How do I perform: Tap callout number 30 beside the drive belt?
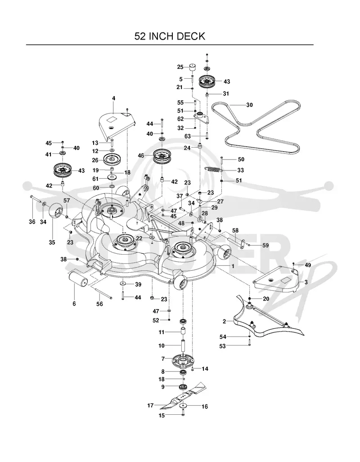click(x=249, y=105)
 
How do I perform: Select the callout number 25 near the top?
click(x=180, y=67)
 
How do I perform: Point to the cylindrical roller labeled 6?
click(x=78, y=279)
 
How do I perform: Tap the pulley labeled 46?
click(x=162, y=156)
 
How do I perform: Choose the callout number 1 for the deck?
click(x=233, y=266)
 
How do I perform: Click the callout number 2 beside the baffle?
click(x=225, y=322)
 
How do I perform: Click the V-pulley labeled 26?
click(x=112, y=160)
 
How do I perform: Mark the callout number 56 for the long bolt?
click(x=99, y=304)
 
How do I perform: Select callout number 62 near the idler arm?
click(x=180, y=119)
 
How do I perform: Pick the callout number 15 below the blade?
click(x=162, y=416)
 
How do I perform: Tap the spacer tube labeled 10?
click(x=183, y=346)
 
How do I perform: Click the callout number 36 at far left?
click(x=32, y=222)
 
